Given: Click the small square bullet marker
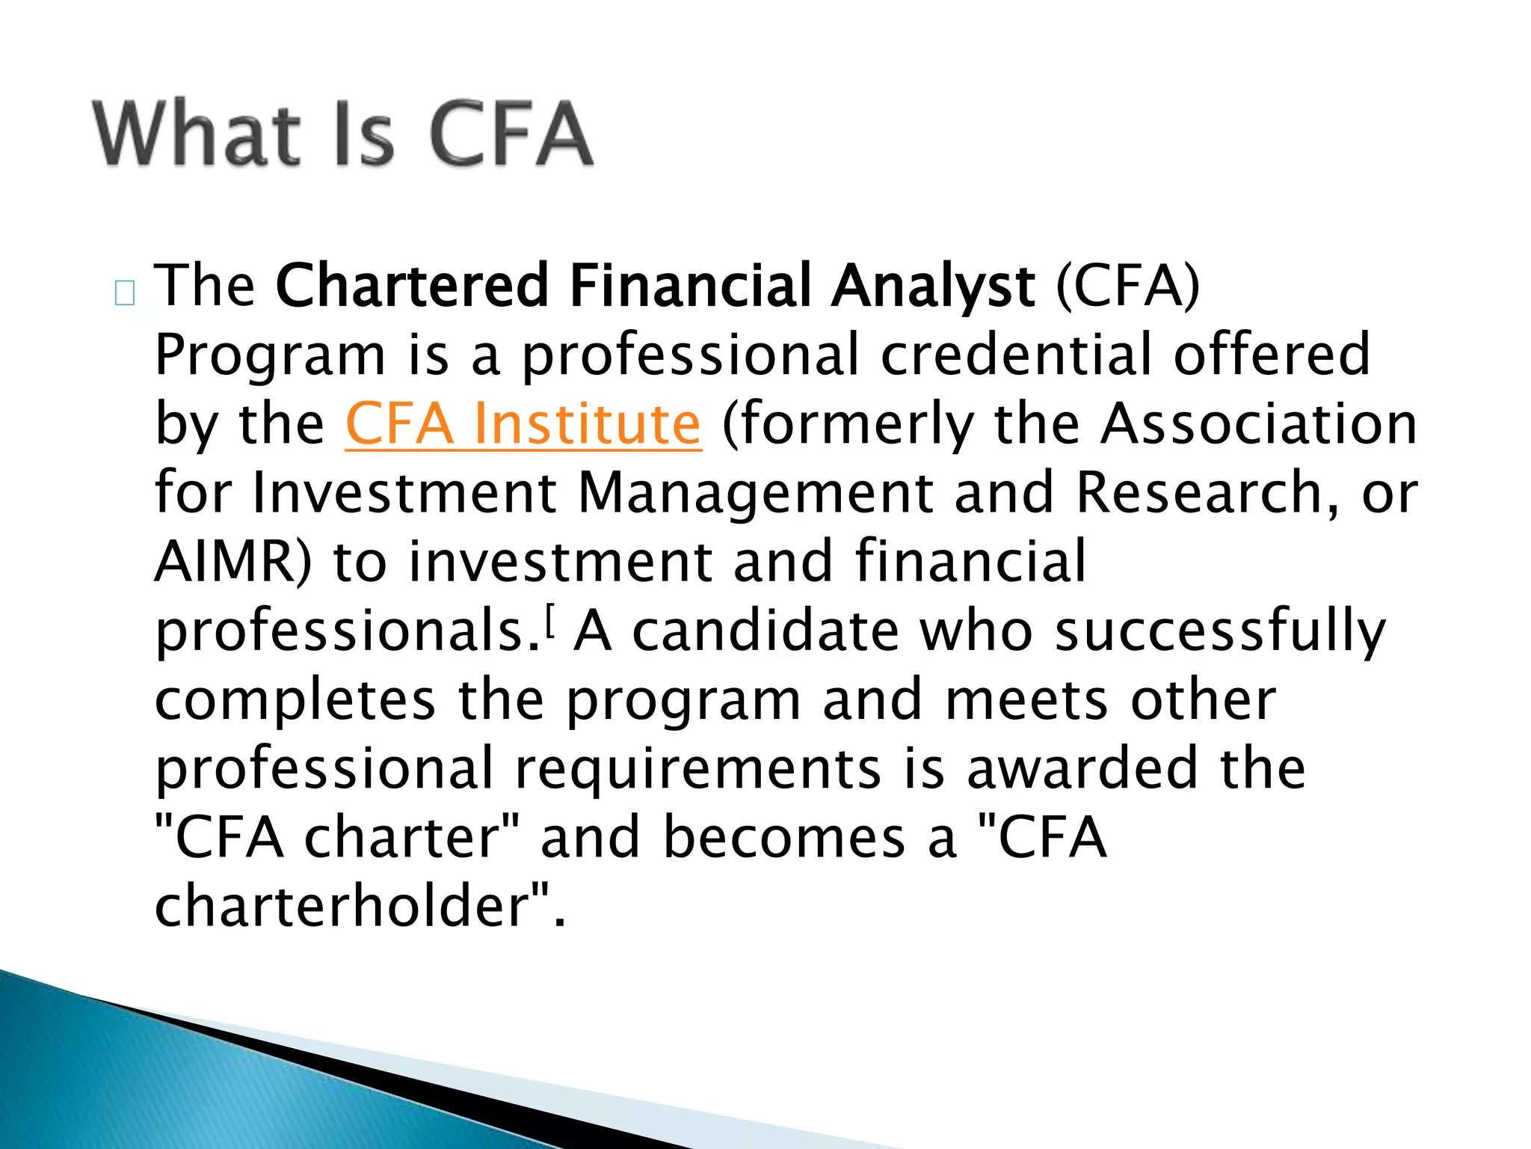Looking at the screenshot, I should [125, 293].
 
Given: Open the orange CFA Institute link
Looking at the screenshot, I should [523, 424].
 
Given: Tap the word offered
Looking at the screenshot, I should [1271, 354].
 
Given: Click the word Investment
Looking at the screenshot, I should [404, 493].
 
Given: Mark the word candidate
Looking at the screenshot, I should [765, 631].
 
